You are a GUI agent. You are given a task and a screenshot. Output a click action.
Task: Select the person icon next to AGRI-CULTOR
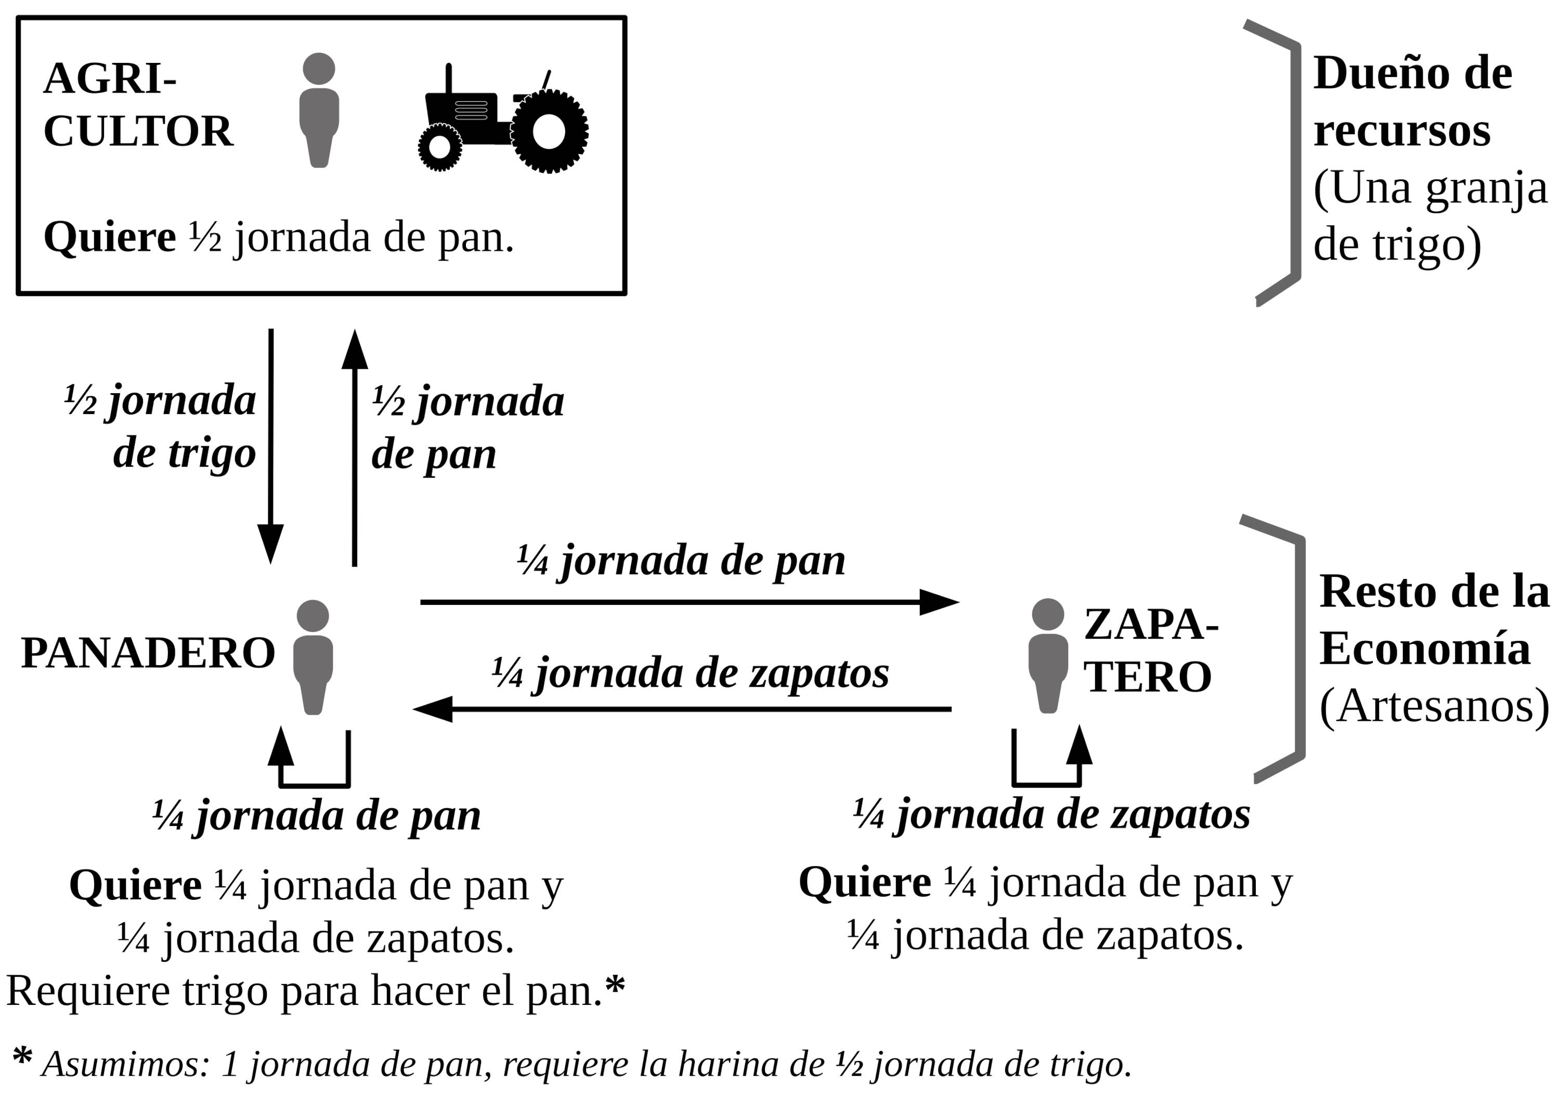[x=319, y=110]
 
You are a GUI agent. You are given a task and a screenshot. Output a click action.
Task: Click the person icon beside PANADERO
[x=313, y=656]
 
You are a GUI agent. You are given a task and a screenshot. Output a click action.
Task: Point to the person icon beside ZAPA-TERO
[x=1048, y=655]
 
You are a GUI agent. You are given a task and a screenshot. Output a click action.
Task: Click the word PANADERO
[x=148, y=654]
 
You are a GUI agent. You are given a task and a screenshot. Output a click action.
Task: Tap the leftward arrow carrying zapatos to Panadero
[x=682, y=709]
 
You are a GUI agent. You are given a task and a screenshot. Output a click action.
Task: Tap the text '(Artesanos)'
[x=1434, y=707]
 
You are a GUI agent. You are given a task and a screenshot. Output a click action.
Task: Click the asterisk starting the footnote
[x=22, y=1057]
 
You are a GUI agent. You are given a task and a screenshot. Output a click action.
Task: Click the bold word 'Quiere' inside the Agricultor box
[x=109, y=238]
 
